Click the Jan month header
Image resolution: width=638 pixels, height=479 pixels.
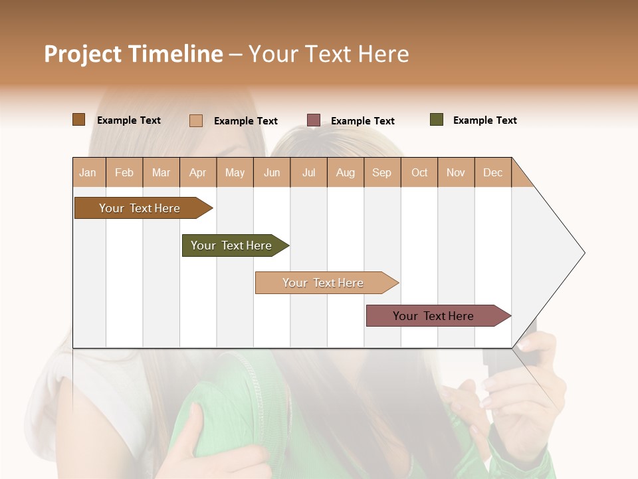coord(88,172)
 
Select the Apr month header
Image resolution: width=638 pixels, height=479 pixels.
coord(197,172)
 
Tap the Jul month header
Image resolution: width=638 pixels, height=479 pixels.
coord(309,172)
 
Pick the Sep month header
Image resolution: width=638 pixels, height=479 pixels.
coord(381,172)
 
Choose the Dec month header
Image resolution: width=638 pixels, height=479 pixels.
coord(492,172)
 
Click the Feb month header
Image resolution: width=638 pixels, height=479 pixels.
coord(124,172)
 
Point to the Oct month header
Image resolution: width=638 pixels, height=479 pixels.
coord(419,172)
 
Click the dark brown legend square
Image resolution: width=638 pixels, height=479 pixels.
coord(79,120)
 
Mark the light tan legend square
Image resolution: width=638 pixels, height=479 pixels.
coord(196,120)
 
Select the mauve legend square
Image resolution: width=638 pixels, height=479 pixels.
coord(314,120)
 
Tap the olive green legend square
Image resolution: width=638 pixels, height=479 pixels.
coord(437,120)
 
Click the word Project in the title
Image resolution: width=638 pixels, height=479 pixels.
coord(83,54)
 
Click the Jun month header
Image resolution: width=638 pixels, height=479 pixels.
coord(272,172)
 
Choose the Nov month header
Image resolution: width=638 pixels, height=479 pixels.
coord(456,172)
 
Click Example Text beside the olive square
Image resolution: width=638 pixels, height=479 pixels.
coord(485,120)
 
